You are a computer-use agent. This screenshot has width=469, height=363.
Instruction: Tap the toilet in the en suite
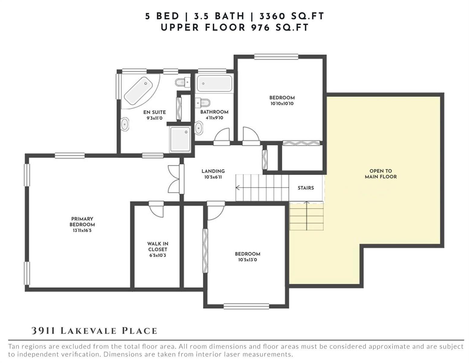click(182, 82)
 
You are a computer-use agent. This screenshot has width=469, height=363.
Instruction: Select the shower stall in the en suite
click(180, 139)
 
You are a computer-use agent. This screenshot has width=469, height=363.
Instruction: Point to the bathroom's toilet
click(203, 103)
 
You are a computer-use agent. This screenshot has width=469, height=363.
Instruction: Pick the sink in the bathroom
click(199, 128)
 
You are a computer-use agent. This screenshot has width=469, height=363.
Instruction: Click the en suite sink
click(124, 124)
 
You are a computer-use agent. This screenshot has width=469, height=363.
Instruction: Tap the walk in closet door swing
click(156, 210)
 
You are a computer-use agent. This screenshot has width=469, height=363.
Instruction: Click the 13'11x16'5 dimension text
click(82, 231)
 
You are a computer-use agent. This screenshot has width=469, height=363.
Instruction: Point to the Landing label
click(213, 171)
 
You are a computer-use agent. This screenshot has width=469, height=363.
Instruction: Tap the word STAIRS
click(306, 188)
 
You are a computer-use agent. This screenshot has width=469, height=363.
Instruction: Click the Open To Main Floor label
click(381, 174)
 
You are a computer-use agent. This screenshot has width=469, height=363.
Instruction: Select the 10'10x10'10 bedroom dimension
click(282, 103)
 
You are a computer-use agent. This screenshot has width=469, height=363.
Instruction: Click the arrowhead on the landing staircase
click(238, 188)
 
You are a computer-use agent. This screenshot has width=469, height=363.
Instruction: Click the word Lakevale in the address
click(88, 331)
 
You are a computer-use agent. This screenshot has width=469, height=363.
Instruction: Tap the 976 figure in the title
click(260, 28)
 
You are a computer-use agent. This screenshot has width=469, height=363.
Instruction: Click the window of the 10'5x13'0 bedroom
click(246, 306)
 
